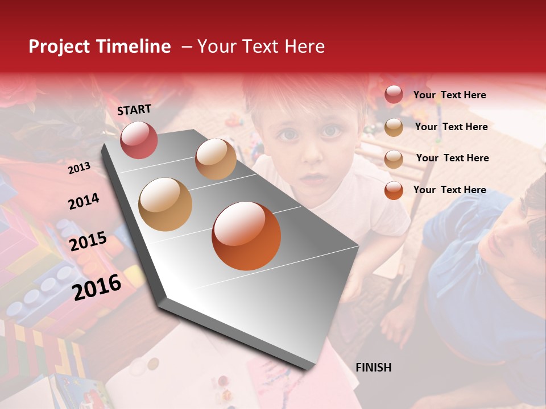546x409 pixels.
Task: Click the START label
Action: [x=134, y=110]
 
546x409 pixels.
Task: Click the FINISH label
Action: [x=373, y=368]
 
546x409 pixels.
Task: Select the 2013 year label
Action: [x=79, y=168]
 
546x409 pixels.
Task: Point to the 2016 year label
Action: [x=97, y=287]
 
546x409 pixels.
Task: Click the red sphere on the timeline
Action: [x=139, y=140]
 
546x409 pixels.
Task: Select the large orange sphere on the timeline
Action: [x=246, y=236]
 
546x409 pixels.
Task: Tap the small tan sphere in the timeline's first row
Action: [x=216, y=159]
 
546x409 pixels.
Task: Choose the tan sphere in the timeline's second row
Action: [x=166, y=204]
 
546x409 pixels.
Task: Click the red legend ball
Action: [x=394, y=94]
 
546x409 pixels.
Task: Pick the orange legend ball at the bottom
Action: [x=394, y=190]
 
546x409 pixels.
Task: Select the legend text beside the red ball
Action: [x=449, y=95]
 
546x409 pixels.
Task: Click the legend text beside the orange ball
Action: [x=449, y=190]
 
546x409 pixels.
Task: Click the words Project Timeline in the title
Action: [x=100, y=47]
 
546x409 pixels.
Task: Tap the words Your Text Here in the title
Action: [x=261, y=47]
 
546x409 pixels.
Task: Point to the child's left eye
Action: [x=330, y=131]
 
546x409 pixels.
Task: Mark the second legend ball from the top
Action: [x=394, y=127]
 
